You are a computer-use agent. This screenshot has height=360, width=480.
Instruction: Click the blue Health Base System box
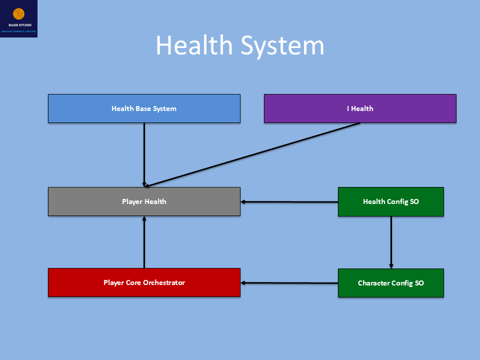pyautogui.click(x=144, y=108)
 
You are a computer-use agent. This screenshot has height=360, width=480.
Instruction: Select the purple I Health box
pyautogui.click(x=360, y=108)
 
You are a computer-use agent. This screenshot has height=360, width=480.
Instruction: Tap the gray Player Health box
pyautogui.click(x=144, y=201)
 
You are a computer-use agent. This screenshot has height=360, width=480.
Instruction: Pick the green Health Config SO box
pyautogui.click(x=390, y=202)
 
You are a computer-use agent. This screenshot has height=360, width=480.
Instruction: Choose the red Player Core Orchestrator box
pyautogui.click(x=144, y=282)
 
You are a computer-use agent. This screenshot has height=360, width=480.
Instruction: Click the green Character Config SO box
pyautogui.click(x=390, y=283)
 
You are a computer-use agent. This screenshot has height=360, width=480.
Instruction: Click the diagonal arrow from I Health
pyautogui.click(x=252, y=154)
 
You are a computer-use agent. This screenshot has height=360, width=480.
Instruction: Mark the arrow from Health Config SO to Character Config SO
pyautogui.click(x=391, y=242)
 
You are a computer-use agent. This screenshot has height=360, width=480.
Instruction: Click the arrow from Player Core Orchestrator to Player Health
pyautogui.click(x=144, y=242)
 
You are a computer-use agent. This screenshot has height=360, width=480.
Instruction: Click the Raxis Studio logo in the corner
pyautogui.click(x=18, y=18)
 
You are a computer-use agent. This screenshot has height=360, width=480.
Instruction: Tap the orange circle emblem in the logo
pyautogui.click(x=18, y=13)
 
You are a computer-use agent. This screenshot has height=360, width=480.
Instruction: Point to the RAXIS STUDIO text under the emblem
pyautogui.click(x=18, y=25)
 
